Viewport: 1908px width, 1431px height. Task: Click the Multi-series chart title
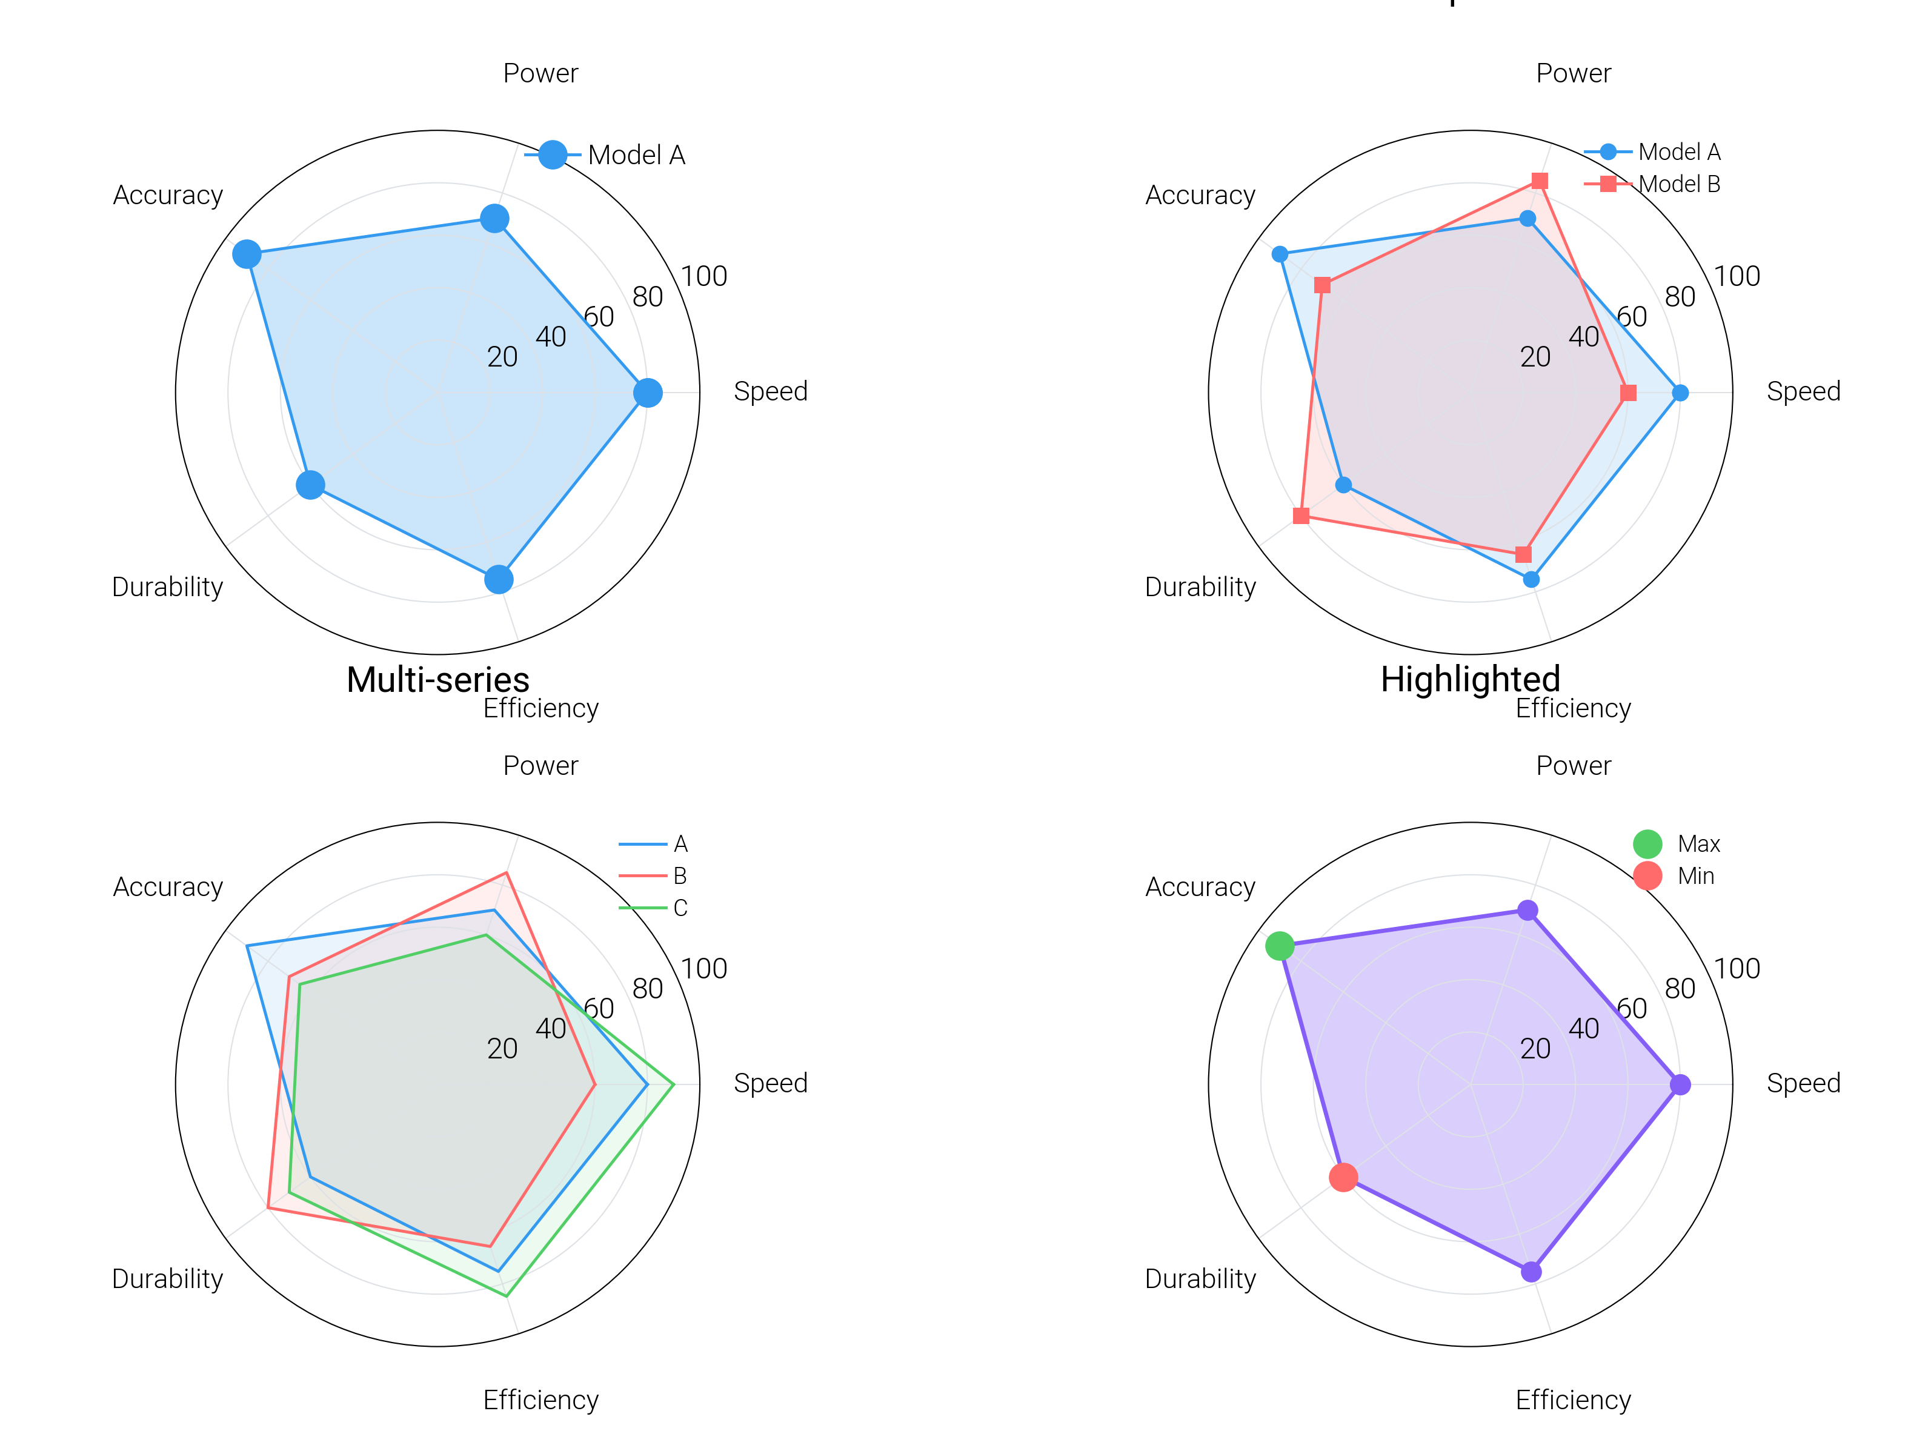[x=437, y=680]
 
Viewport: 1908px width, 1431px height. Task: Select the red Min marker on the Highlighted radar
[x=1343, y=1177]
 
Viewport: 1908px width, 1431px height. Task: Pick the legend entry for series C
[x=680, y=908]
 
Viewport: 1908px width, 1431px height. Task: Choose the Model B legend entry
[x=1678, y=184]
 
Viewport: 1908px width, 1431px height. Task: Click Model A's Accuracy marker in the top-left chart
[x=247, y=254]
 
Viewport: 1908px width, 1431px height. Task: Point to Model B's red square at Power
[x=1539, y=181]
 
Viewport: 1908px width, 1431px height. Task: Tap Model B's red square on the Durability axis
[x=1301, y=516]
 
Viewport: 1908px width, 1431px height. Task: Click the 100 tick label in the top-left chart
[x=704, y=277]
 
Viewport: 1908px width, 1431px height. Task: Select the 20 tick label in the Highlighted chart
[x=1535, y=1049]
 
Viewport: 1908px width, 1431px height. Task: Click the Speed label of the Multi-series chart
[x=770, y=1083]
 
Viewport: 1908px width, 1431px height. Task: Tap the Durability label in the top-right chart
[x=1200, y=588]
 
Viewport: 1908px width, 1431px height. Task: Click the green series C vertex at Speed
[x=673, y=1084]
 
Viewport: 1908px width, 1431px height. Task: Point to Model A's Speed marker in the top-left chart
[x=648, y=393]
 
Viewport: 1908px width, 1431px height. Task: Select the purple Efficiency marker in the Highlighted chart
[x=1531, y=1272]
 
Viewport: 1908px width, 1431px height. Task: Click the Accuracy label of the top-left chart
[x=168, y=196]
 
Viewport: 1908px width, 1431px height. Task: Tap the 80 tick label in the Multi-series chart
[x=647, y=989]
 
